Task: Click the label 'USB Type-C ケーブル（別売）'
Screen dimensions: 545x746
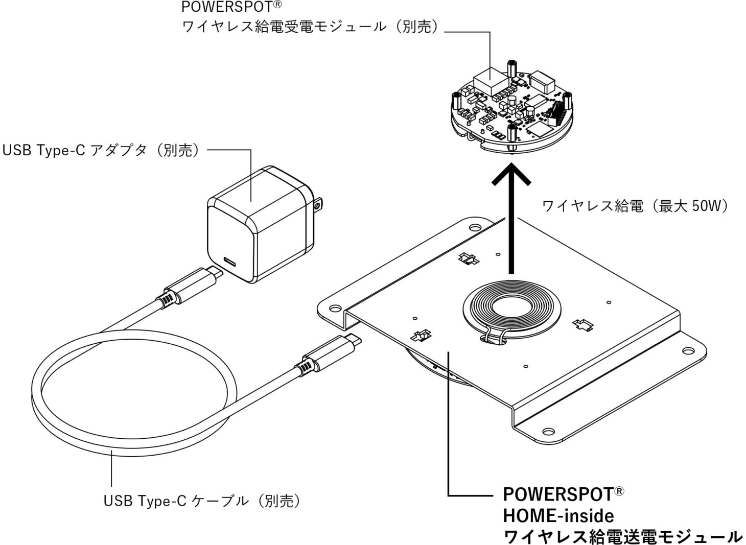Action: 202,501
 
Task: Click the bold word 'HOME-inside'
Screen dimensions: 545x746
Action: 558,515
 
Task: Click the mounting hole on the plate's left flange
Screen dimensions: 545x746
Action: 335,309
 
